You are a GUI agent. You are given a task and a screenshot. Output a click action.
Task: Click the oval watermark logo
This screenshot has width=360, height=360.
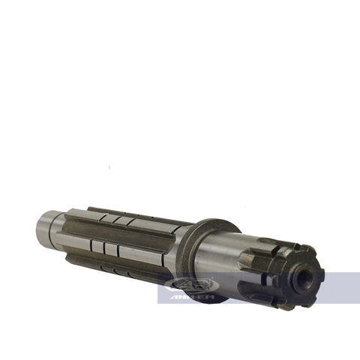pyautogui.click(x=192, y=284)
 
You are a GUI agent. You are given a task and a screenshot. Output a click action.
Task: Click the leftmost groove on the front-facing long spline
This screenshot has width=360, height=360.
pyautogui.click(x=94, y=245)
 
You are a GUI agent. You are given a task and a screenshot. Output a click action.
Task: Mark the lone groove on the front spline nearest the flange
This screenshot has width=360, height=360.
pyautogui.click(x=154, y=256)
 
